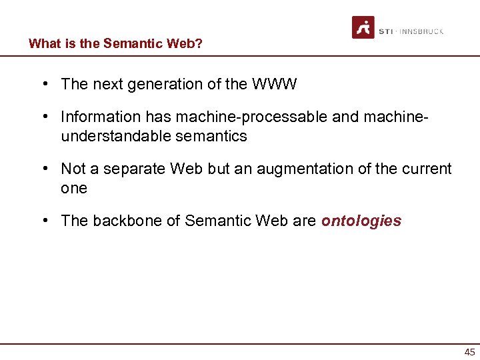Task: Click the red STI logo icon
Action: click(363, 27)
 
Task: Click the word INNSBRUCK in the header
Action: click(421, 31)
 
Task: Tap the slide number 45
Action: click(469, 353)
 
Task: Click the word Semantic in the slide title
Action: click(129, 44)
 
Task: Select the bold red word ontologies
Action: click(361, 221)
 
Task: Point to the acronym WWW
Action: click(275, 84)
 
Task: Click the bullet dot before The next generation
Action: click(43, 84)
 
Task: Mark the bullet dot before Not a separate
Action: click(43, 169)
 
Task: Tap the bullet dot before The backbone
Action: click(43, 221)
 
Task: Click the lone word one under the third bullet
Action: click(74, 188)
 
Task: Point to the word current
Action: click(426, 169)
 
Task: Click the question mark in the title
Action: click(199, 44)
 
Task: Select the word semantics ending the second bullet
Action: click(213, 136)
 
